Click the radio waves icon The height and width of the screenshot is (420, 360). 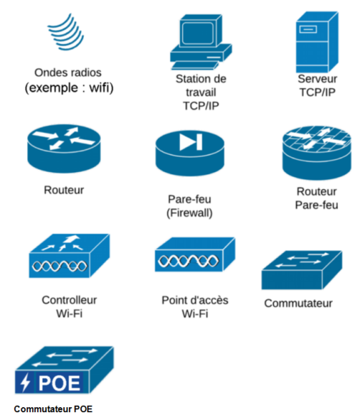click(x=66, y=32)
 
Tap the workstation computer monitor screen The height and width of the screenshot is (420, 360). click(x=197, y=33)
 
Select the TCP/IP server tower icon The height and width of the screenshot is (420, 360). click(x=317, y=42)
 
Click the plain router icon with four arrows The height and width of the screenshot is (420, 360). click(x=64, y=148)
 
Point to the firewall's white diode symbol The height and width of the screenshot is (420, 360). click(x=191, y=142)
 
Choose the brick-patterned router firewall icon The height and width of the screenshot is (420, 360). click(x=316, y=153)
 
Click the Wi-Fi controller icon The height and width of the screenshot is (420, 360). click(x=69, y=256)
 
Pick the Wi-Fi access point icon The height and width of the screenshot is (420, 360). click(x=195, y=254)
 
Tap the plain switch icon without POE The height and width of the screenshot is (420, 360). click(x=302, y=270)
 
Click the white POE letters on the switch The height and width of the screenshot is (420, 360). click(x=60, y=383)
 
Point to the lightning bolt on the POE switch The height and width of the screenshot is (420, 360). click(x=26, y=383)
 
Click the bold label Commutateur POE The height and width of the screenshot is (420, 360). click(x=53, y=409)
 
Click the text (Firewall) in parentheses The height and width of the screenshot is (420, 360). click(x=189, y=213)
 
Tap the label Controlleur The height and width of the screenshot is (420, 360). click(x=69, y=300)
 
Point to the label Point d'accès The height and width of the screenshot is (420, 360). click(x=195, y=300)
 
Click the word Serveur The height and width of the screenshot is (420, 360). click(x=318, y=79)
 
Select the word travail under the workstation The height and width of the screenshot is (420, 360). click(x=201, y=92)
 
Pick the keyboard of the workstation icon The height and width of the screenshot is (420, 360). click(x=195, y=65)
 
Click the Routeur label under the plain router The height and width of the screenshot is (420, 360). click(x=64, y=190)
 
